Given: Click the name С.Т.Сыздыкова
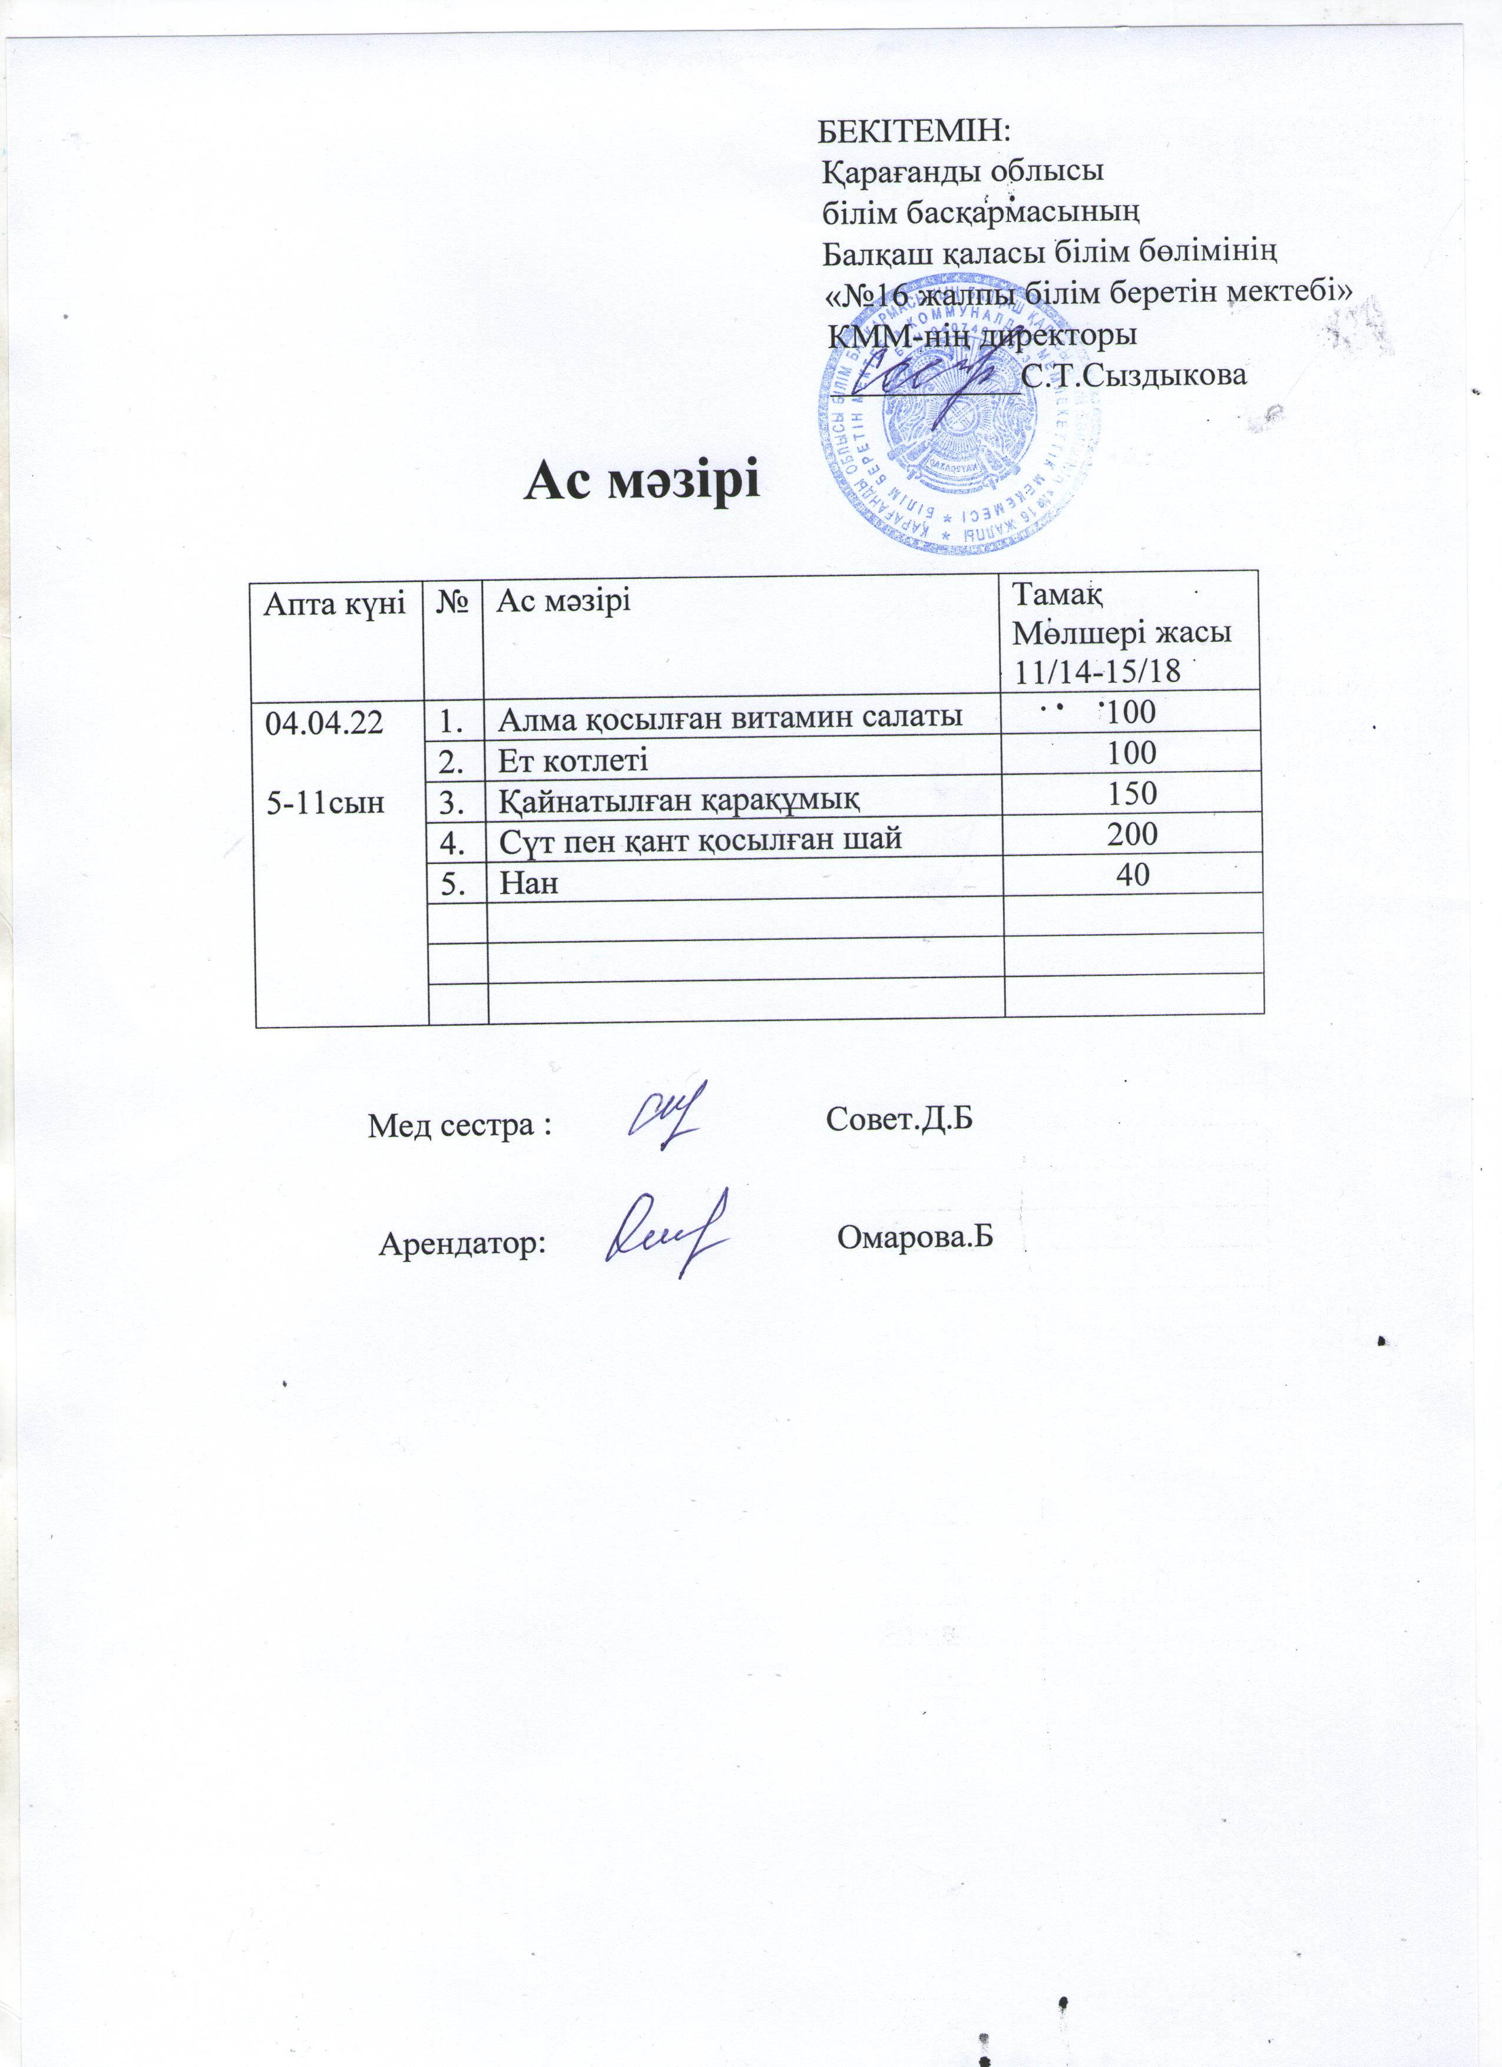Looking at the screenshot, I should tap(1134, 376).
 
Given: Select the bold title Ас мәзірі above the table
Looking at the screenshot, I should tap(641, 481).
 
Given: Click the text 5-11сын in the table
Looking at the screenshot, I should tap(323, 802).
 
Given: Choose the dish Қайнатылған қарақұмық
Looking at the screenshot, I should tap(679, 799).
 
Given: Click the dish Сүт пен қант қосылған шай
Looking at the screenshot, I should tap(700, 839).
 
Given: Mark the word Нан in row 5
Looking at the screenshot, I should tap(528, 882).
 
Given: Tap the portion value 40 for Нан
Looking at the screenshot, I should tap(1133, 875).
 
